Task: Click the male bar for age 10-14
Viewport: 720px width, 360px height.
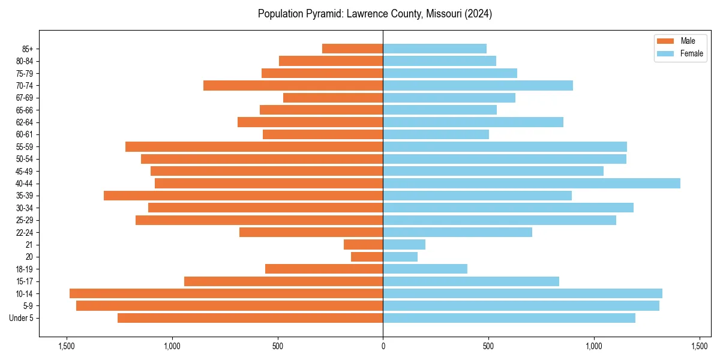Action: (226, 293)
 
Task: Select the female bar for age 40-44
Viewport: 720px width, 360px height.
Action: (532, 183)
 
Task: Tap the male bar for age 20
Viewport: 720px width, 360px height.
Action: (367, 257)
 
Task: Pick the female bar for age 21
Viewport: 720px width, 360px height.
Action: (404, 244)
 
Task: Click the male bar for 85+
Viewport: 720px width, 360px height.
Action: (353, 49)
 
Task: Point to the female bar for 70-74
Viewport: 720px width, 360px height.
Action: (478, 85)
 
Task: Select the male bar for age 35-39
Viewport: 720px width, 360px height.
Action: (244, 196)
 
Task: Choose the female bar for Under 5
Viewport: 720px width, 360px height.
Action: (509, 318)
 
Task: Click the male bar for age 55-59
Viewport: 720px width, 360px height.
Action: (254, 146)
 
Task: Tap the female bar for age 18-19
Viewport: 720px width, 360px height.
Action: (425, 269)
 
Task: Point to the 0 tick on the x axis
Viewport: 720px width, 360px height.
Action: (383, 346)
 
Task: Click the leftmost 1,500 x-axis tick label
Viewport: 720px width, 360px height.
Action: (67, 346)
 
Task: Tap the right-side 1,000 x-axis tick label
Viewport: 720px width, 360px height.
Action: (594, 346)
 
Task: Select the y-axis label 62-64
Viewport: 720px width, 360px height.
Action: (24, 122)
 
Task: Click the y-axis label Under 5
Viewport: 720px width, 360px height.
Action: (22, 318)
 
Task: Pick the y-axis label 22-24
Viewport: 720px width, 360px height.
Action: (24, 232)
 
